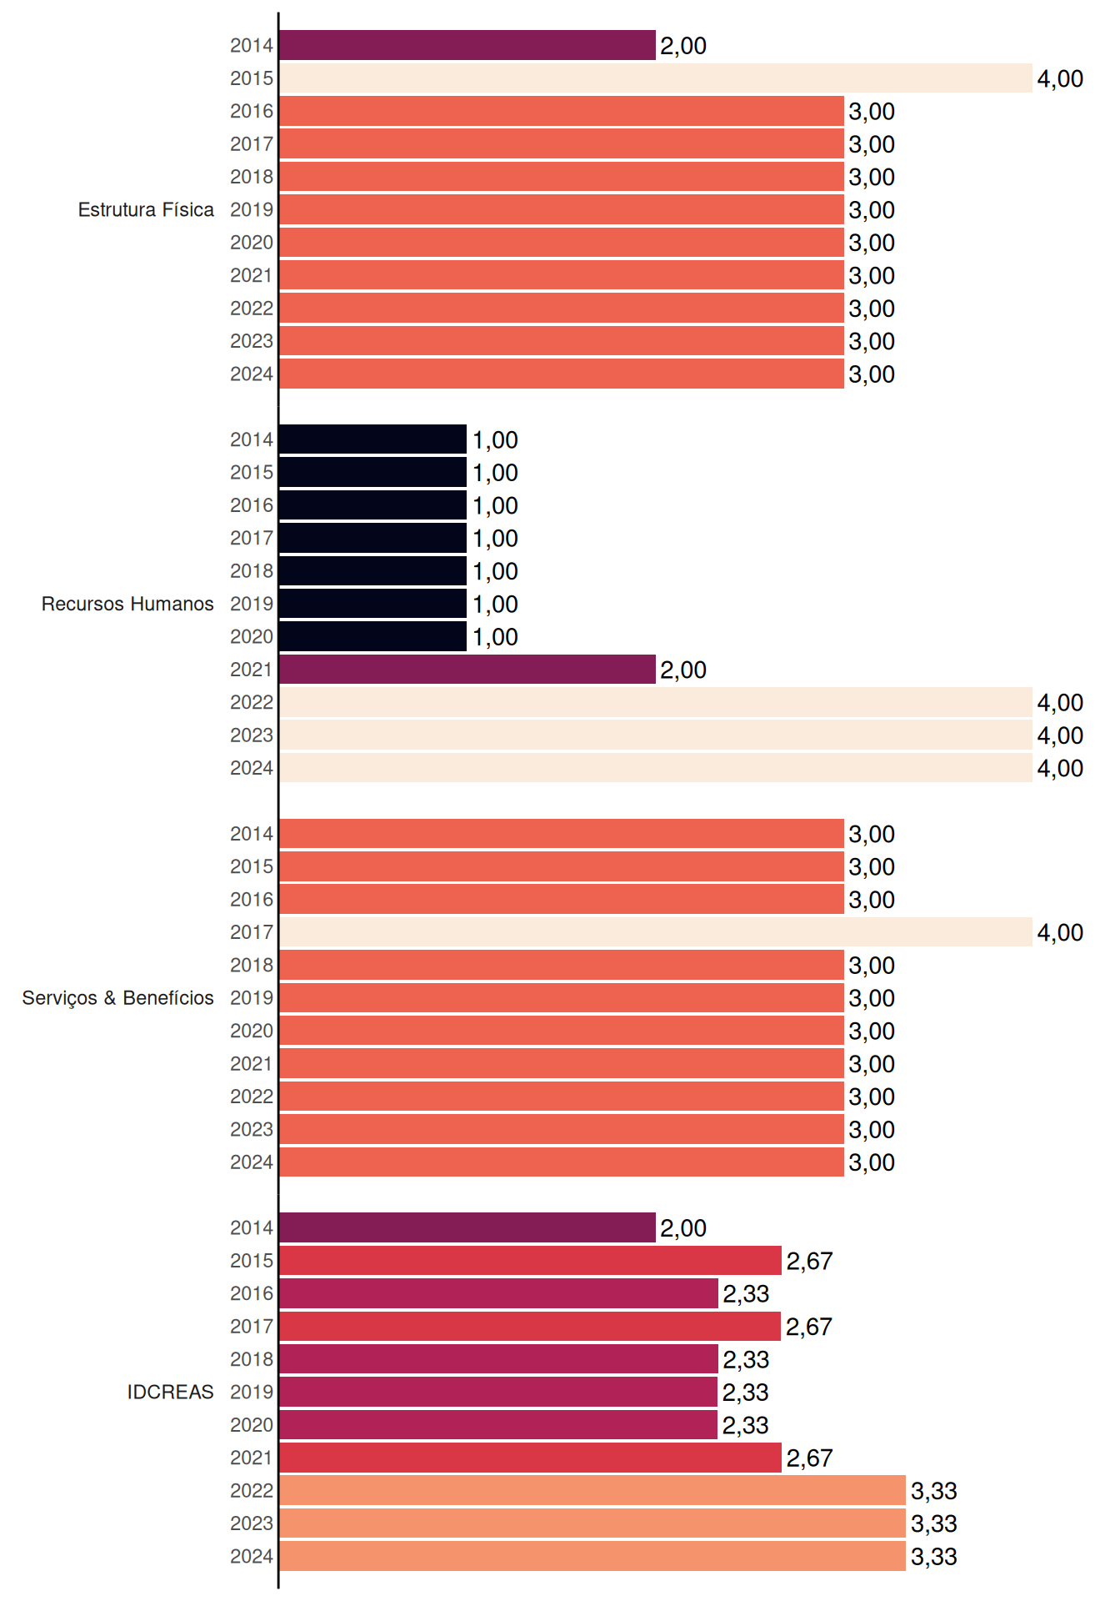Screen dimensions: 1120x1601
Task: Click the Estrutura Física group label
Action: tap(146, 209)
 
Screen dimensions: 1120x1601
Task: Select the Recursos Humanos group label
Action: tap(127, 604)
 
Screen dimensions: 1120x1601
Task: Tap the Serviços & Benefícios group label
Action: tap(117, 998)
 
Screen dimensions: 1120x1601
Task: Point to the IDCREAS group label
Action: tap(170, 1392)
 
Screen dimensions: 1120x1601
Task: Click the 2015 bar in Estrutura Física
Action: tap(656, 78)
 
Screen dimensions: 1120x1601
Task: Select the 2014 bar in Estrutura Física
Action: tap(467, 45)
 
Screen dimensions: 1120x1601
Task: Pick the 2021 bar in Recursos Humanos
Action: tap(467, 670)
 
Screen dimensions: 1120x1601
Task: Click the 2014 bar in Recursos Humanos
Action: tap(372, 439)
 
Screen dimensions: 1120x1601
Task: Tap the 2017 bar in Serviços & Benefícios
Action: tap(656, 932)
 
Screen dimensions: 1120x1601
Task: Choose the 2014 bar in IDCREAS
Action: tap(467, 1227)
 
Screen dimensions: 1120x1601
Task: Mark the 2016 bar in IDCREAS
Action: tap(498, 1293)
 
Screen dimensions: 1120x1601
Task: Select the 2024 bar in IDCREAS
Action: tap(592, 1556)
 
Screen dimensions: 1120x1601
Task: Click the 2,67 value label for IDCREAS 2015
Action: tap(809, 1261)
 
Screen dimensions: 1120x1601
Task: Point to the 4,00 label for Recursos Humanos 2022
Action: tap(1060, 703)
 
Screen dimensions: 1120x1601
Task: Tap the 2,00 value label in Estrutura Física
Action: tap(683, 46)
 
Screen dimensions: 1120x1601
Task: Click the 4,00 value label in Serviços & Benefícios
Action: tap(1060, 932)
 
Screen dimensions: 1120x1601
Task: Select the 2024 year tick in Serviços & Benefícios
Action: tap(252, 1162)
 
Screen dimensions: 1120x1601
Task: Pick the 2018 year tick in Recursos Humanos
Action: tap(252, 571)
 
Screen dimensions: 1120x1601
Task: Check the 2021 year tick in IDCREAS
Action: tap(252, 1458)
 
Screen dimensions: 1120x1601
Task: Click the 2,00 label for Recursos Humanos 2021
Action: tap(683, 670)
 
